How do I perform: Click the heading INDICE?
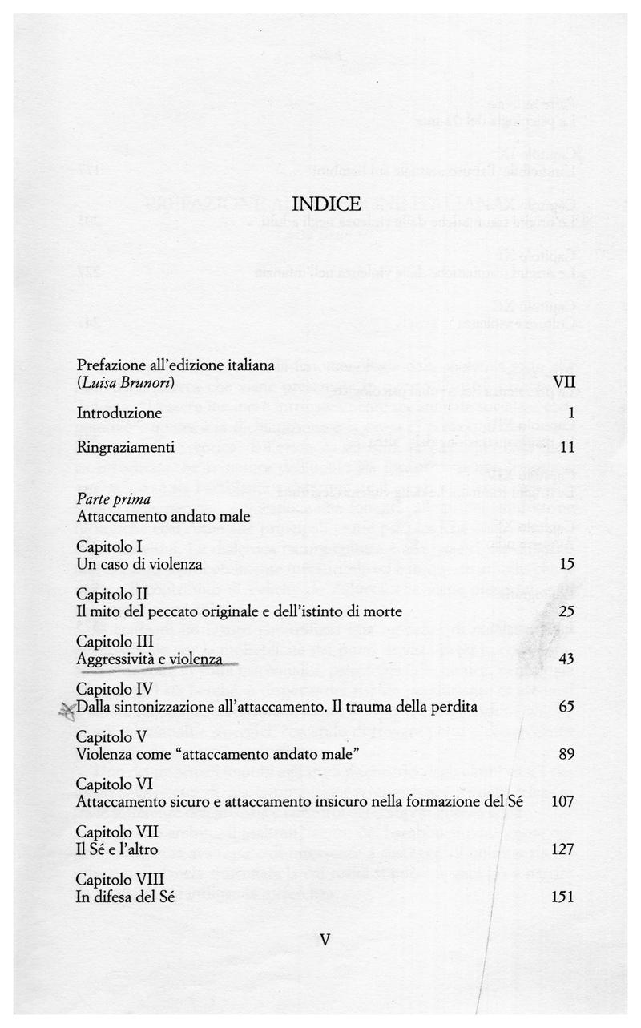(x=327, y=204)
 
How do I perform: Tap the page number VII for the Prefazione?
(x=565, y=382)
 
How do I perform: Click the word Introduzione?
(x=119, y=413)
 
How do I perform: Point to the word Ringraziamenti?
(x=126, y=446)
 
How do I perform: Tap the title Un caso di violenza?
(x=139, y=565)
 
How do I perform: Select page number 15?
(x=567, y=565)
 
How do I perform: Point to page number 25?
(x=567, y=612)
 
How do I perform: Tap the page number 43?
(x=566, y=659)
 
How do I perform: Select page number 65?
(x=566, y=706)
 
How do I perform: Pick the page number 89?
(x=566, y=753)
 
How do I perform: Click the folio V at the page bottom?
(x=325, y=938)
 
